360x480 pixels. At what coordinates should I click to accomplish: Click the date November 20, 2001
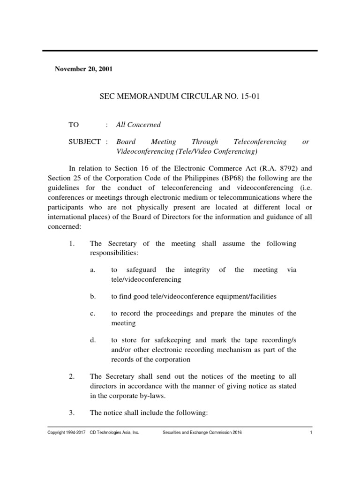point(83,69)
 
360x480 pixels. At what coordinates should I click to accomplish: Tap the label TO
point(74,125)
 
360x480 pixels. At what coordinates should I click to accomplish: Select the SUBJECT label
point(84,142)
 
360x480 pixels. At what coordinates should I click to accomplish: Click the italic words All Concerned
point(138,125)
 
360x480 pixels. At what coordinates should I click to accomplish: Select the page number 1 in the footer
point(311,433)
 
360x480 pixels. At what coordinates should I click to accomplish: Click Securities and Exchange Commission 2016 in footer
point(202,433)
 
